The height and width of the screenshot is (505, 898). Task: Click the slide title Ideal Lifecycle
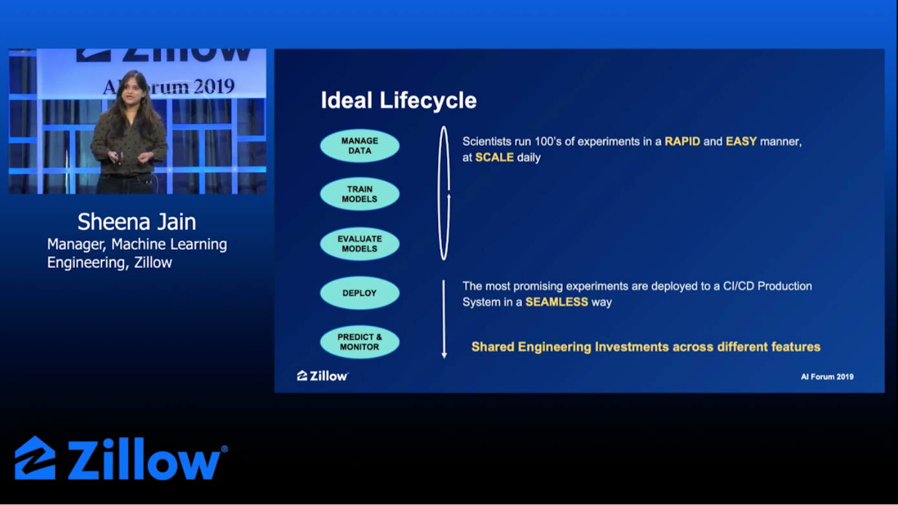[399, 101]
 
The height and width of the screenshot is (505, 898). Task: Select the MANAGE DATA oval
[360, 145]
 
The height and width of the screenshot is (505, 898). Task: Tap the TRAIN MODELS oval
[360, 194]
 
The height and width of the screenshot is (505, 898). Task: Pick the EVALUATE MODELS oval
[360, 243]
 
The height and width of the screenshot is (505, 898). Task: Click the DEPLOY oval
[360, 293]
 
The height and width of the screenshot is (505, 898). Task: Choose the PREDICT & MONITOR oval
[360, 342]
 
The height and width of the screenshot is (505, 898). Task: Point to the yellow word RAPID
[682, 141]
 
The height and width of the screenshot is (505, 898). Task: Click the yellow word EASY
[741, 141]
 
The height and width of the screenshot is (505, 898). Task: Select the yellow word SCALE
[494, 158]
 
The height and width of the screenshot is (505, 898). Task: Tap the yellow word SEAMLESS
[556, 302]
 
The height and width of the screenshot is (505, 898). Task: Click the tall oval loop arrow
[444, 193]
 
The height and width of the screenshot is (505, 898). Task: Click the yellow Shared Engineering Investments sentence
[645, 347]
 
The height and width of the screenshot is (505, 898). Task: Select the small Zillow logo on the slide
[322, 376]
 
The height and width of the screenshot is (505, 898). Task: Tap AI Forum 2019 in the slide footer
[827, 376]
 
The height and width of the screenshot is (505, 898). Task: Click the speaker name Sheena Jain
[137, 222]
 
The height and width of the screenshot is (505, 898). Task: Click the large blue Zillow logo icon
[35, 458]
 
